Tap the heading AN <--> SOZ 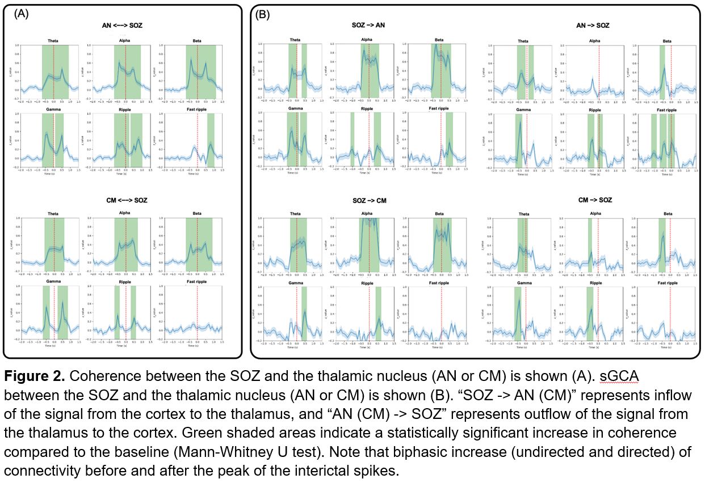(x=125, y=25)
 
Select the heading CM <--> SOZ (x=125, y=200)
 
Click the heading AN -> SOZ (x=593, y=25)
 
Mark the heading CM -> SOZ (x=595, y=200)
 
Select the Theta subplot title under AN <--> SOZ (x=54, y=40)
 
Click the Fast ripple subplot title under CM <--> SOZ (x=198, y=282)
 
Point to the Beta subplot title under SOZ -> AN (x=439, y=40)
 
